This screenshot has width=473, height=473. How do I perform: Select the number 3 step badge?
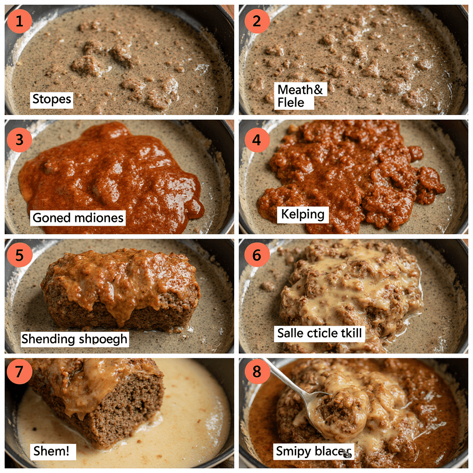click(19, 139)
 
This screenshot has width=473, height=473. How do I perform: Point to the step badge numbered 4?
click(257, 139)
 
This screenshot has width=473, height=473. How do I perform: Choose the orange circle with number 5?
click(19, 255)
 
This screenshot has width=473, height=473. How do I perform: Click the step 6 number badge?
click(257, 255)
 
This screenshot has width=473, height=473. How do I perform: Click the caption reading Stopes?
click(52, 99)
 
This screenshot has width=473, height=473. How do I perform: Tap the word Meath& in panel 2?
click(299, 89)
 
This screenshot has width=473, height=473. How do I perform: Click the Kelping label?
click(303, 215)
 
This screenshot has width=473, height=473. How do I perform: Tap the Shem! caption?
click(54, 451)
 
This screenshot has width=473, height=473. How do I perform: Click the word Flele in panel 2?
click(291, 103)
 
